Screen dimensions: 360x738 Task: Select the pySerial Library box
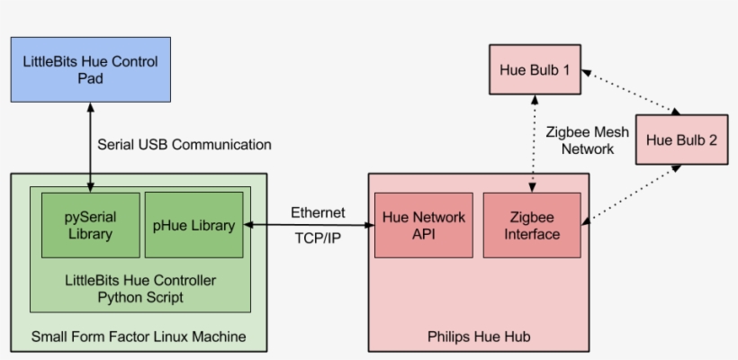(90, 225)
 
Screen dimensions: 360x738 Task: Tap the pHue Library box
(193, 225)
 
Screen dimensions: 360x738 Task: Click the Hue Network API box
(424, 225)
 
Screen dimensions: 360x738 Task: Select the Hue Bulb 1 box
(535, 68)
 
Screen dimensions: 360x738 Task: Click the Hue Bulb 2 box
(681, 139)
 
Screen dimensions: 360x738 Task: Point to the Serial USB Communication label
(184, 144)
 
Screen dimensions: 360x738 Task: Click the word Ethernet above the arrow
(318, 212)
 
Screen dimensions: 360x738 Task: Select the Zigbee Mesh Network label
(588, 139)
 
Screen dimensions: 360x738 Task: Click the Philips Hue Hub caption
(478, 337)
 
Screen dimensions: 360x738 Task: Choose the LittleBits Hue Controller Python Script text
(139, 288)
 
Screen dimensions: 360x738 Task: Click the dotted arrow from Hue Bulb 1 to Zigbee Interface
(534, 144)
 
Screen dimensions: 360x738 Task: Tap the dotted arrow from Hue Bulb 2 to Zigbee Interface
(629, 193)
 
